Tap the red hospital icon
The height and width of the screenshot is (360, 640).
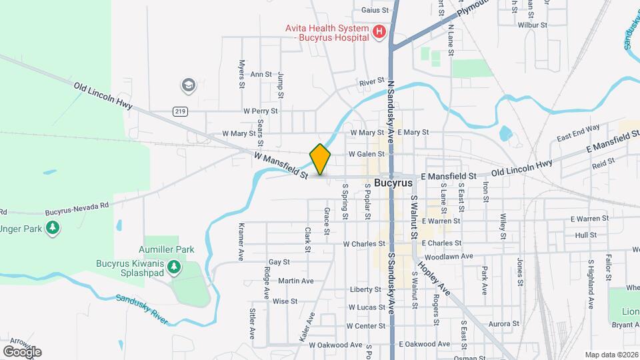point(379,31)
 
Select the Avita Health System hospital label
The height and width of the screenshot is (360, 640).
point(327,33)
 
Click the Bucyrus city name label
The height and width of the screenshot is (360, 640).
point(393,183)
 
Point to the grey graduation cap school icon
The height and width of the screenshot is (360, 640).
point(188,85)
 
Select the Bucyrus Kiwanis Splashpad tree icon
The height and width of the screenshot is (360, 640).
point(174,267)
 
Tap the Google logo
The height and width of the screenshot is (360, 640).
point(22,351)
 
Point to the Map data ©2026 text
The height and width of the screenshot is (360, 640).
point(611,355)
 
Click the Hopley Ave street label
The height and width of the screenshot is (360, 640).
point(434,277)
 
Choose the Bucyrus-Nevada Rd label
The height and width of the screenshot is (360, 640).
point(77,209)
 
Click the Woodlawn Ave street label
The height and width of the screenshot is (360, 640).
point(448,256)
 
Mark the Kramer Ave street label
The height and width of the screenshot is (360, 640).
point(241,241)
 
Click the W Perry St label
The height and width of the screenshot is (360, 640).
point(260,111)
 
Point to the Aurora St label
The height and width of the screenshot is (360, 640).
point(503,324)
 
